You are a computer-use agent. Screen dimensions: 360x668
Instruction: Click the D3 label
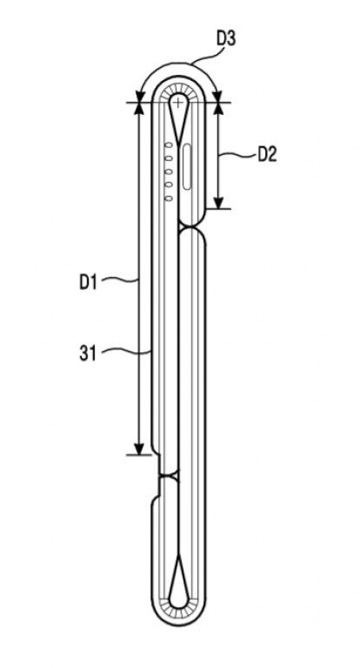pyautogui.click(x=226, y=39)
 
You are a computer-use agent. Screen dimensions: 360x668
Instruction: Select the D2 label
pyautogui.click(x=268, y=155)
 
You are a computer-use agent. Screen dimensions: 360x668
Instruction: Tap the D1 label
pyautogui.click(x=88, y=283)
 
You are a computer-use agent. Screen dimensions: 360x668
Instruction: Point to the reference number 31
pyautogui.click(x=88, y=353)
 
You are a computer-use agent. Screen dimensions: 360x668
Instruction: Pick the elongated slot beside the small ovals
pyautogui.click(x=187, y=167)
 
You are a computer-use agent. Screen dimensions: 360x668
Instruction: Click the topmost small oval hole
pyautogui.click(x=169, y=145)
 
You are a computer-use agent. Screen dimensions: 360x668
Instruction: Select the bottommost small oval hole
pyautogui.click(x=169, y=198)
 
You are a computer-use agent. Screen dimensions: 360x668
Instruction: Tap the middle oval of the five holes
pyautogui.click(x=169, y=171)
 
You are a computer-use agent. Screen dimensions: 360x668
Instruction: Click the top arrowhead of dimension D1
pyautogui.click(x=138, y=108)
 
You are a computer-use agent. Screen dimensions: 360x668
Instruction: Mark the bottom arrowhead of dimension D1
pyautogui.click(x=138, y=449)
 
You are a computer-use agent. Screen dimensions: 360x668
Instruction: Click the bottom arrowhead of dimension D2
pyautogui.click(x=218, y=203)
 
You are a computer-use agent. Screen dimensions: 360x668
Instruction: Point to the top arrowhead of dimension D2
pyautogui.click(x=218, y=108)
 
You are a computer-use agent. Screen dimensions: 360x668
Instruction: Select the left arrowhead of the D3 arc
pyautogui.click(x=139, y=97)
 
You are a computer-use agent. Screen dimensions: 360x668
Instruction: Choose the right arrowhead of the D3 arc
pyautogui.click(x=218, y=97)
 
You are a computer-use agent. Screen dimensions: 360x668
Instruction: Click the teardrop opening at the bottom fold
pyautogui.click(x=178, y=583)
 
